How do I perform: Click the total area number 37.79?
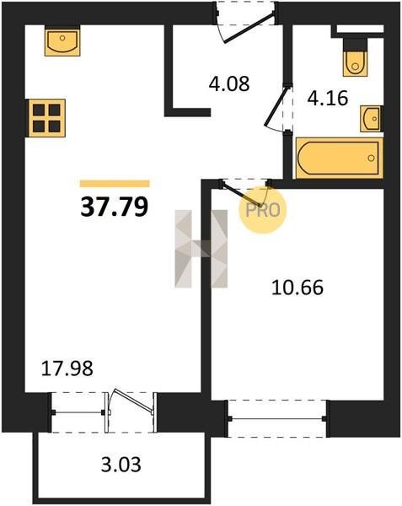(x=114, y=207)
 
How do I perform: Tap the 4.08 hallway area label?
(x=229, y=83)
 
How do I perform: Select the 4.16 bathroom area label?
(x=328, y=98)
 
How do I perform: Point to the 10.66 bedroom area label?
(x=297, y=288)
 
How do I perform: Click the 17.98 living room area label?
(x=67, y=369)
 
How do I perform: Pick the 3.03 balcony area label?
(x=121, y=465)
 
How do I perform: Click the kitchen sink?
(x=62, y=41)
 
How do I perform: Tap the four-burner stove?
(x=46, y=118)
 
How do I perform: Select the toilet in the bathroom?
(x=356, y=58)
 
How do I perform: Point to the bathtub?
(x=339, y=158)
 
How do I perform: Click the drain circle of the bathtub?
(x=372, y=158)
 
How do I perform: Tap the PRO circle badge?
(x=262, y=210)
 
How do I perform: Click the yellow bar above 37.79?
(x=115, y=184)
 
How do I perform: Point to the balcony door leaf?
(x=133, y=401)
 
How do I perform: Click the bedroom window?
(x=277, y=418)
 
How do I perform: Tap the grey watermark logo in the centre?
(x=201, y=249)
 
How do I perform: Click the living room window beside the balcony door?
(x=78, y=412)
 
